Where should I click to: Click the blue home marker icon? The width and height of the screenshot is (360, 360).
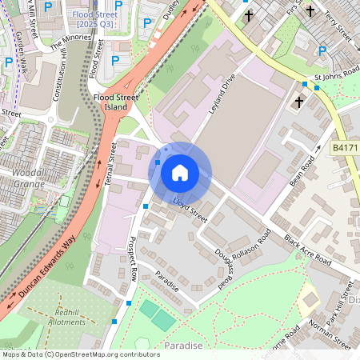click(x=180, y=173)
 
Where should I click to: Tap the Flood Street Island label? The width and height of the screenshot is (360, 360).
click(x=110, y=102)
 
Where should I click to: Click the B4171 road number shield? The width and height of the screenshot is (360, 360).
click(x=345, y=149)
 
